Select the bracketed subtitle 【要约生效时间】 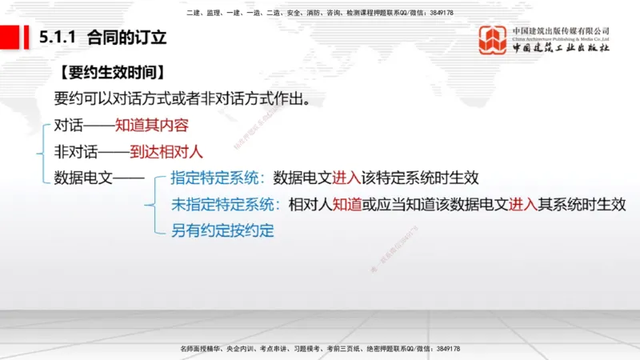tap(111, 73)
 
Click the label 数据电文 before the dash tap(79, 178)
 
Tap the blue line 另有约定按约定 tap(222, 230)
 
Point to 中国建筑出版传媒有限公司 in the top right tap(561, 30)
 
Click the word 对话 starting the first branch tap(66, 126)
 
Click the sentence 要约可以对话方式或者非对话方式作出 tap(181, 99)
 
